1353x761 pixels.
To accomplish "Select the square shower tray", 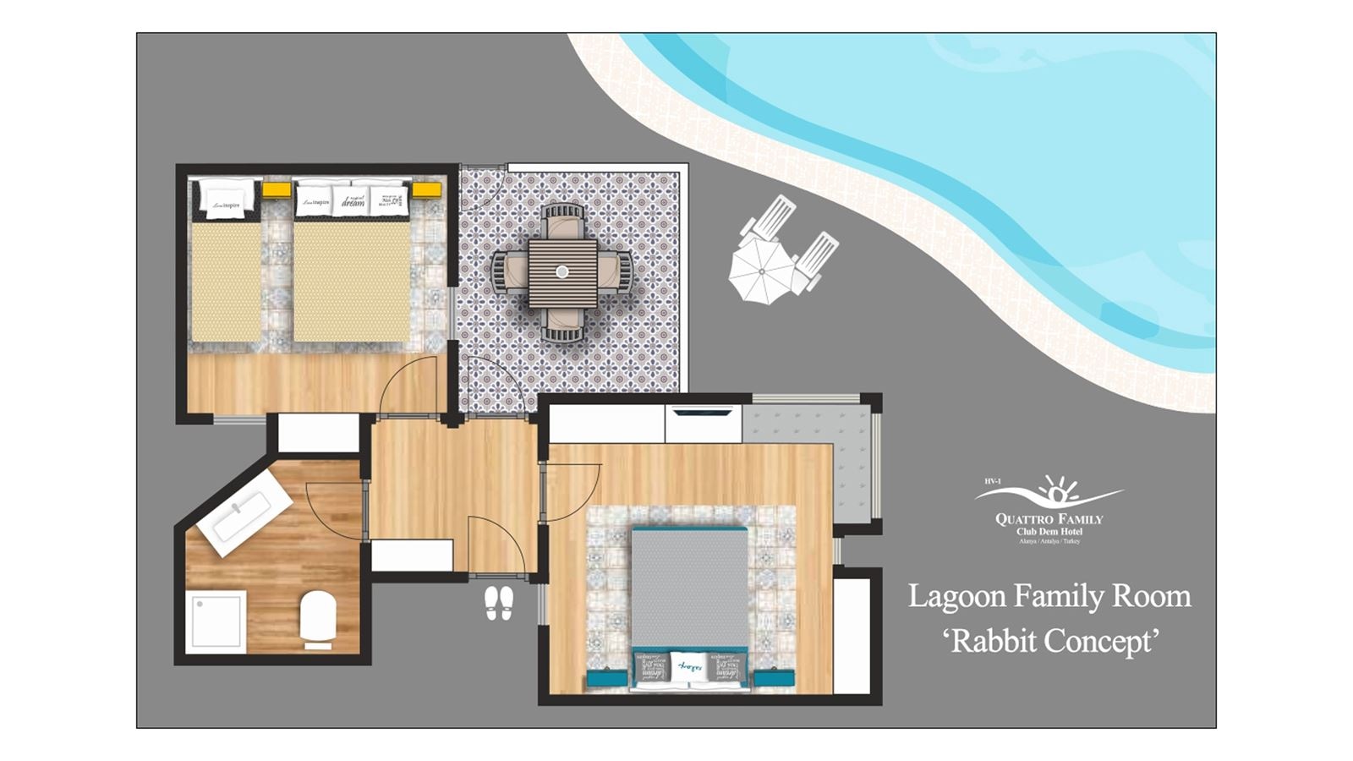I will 216,621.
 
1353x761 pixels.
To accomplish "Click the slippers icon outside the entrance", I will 499,604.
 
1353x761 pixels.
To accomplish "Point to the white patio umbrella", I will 761,271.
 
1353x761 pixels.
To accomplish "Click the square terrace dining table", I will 562,272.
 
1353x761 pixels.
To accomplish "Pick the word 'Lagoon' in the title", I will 957,597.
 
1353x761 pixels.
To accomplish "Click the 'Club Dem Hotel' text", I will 1049,531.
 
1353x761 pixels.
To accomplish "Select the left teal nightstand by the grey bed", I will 606,678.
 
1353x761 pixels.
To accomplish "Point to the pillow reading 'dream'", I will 353,201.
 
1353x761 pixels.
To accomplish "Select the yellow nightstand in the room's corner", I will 426,189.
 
